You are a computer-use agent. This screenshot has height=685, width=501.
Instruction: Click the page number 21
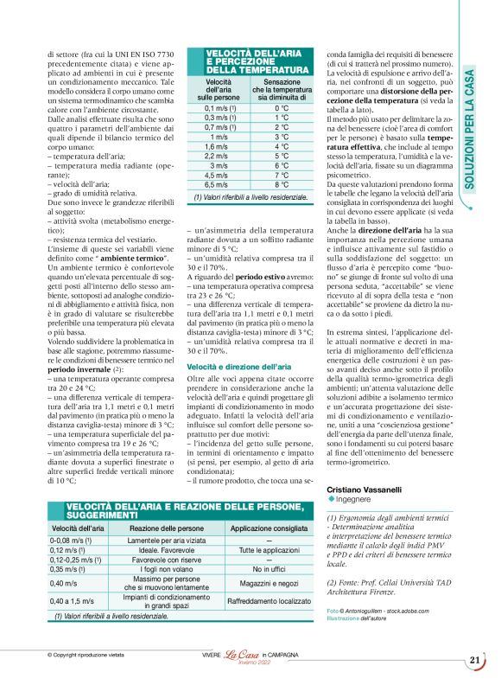[475, 661]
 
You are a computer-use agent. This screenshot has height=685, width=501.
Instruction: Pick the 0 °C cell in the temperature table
[276, 108]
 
